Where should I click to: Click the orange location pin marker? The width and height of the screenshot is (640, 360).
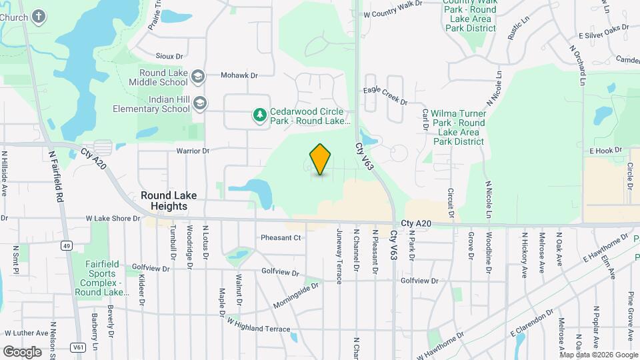[321, 159]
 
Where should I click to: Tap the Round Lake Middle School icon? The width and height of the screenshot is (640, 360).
[197, 77]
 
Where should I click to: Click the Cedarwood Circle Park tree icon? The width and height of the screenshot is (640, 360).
[259, 116]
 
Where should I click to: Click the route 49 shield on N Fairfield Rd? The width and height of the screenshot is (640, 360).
[66, 245]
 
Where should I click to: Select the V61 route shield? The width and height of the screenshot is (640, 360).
[79, 347]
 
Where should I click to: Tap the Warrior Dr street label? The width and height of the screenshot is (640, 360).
[193, 151]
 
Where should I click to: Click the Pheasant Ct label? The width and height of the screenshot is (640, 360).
[281, 237]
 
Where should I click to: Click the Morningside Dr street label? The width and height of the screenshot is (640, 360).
[296, 295]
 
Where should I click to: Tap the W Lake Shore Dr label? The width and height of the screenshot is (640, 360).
[113, 218]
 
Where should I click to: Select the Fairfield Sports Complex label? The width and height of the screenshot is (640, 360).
[101, 278]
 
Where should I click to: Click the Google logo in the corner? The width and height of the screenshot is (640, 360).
[22, 351]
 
